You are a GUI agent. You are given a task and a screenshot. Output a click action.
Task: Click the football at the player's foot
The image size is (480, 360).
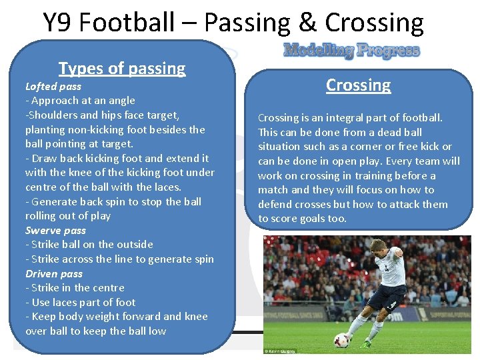pos(342,339)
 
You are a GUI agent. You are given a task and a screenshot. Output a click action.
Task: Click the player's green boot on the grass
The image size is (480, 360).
pos(366,343)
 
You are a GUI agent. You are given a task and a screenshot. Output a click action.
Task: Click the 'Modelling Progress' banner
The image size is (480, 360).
pos(351,51)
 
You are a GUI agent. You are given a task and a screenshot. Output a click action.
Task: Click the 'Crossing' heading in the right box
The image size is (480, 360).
pos(358,85)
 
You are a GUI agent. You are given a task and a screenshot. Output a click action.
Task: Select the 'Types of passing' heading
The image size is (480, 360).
pos(122,68)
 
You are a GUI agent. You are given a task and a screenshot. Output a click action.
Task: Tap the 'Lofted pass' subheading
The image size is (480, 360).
pos(53,86)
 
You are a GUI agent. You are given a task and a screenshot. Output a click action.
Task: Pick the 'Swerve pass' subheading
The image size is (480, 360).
pos(55,230)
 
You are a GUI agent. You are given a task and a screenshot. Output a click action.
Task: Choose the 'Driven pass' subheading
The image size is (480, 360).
pos(54,273)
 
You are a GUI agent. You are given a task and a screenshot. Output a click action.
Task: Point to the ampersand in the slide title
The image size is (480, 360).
pos(307,23)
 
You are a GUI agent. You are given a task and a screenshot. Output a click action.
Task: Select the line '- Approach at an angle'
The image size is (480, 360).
pos(80,101)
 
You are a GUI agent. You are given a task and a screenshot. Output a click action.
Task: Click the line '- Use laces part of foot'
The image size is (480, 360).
pos(80,302)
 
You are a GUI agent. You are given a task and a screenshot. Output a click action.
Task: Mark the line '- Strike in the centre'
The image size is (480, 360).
pos(75,288)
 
